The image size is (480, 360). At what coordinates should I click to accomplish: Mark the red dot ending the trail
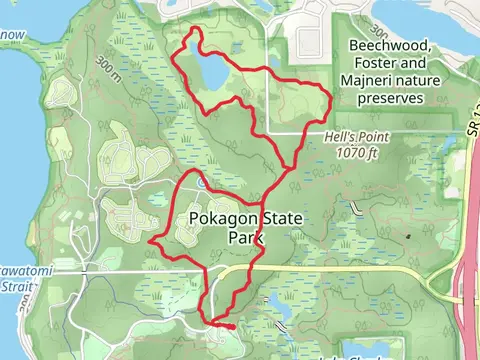click(x=232, y=327)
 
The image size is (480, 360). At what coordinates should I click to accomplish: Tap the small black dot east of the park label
click(x=407, y=236)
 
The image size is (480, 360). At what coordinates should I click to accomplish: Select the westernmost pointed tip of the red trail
click(x=150, y=241)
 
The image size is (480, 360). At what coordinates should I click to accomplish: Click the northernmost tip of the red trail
click(x=194, y=31)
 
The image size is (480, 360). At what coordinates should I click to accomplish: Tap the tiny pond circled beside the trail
click(x=202, y=183)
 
